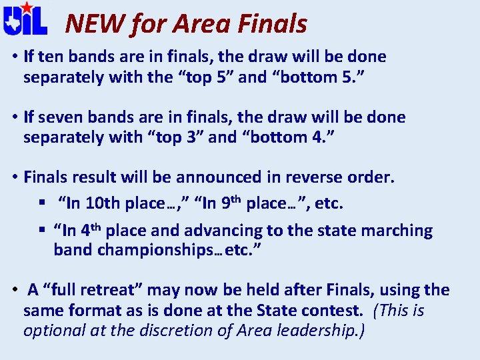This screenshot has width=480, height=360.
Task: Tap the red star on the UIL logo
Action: point(25,8)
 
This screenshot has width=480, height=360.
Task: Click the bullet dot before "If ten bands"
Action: point(14,57)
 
